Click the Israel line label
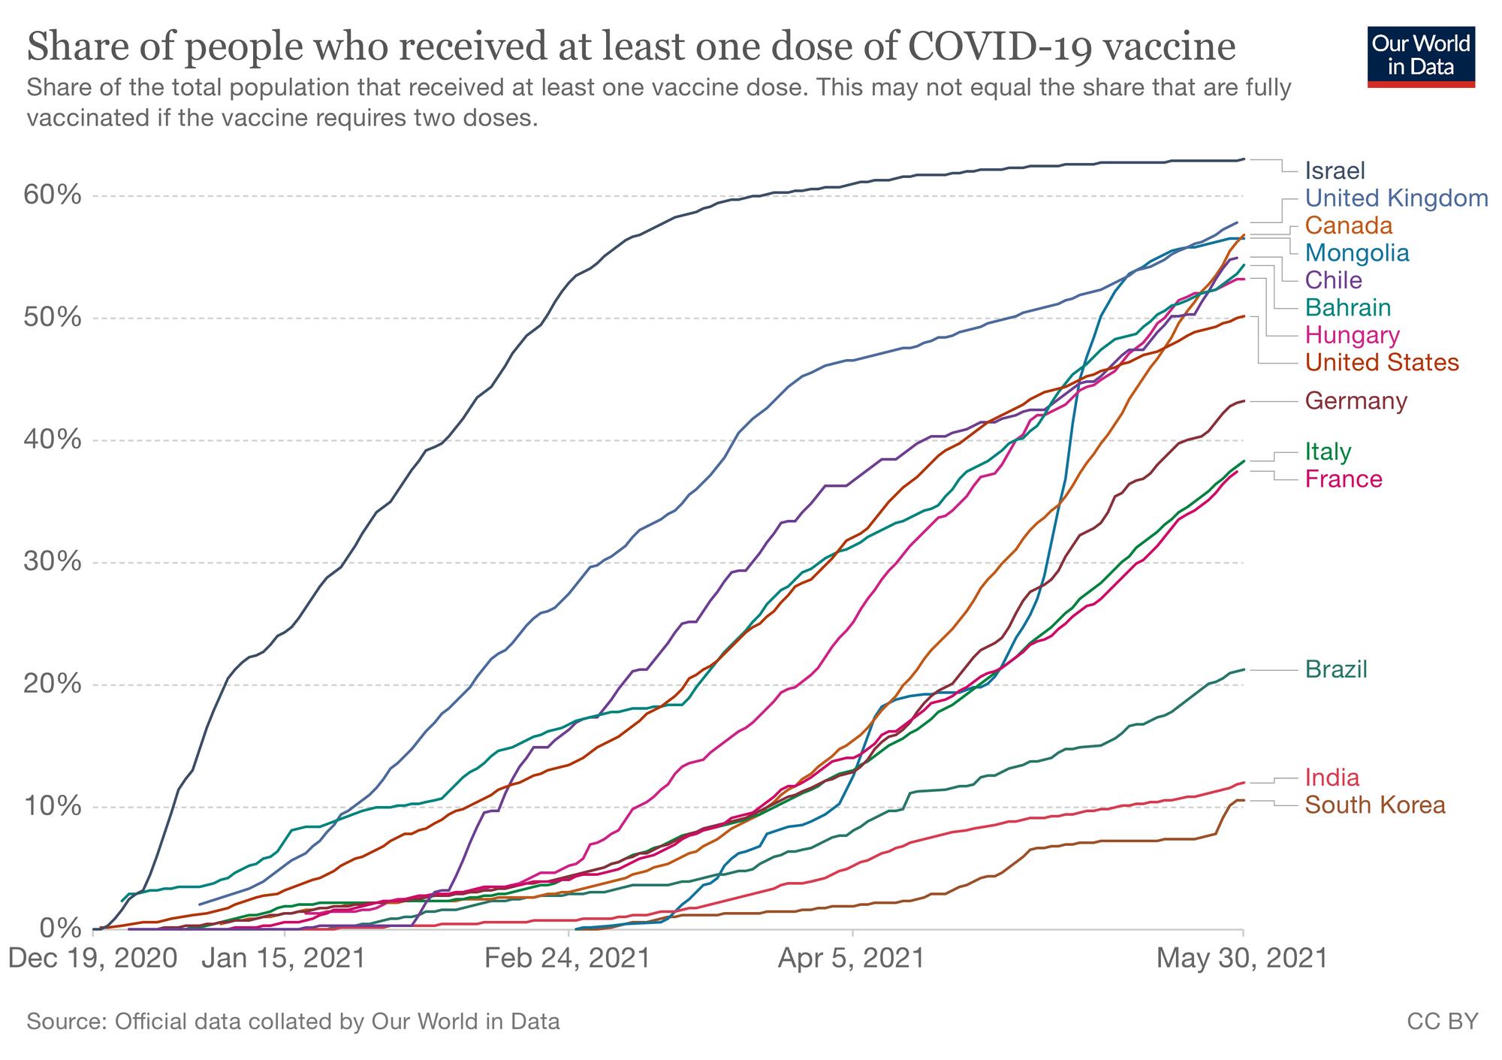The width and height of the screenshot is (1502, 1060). (1335, 171)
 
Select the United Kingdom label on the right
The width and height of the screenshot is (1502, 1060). (1396, 198)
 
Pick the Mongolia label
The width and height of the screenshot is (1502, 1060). (1357, 252)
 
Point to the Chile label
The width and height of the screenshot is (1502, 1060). (1333, 280)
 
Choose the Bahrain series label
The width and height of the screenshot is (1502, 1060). (1348, 307)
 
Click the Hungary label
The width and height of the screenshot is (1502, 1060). (1352, 335)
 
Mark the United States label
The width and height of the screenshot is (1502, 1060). (1382, 362)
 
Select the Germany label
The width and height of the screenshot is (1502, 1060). (1356, 401)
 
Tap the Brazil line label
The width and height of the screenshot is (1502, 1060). (1336, 669)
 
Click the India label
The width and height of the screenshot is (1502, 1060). (1332, 777)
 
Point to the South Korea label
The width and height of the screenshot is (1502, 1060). (1374, 805)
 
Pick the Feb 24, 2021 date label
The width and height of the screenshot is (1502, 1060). (567, 959)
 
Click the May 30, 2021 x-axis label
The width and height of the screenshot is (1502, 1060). (1242, 959)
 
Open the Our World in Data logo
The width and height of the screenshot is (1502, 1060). (1420, 56)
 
